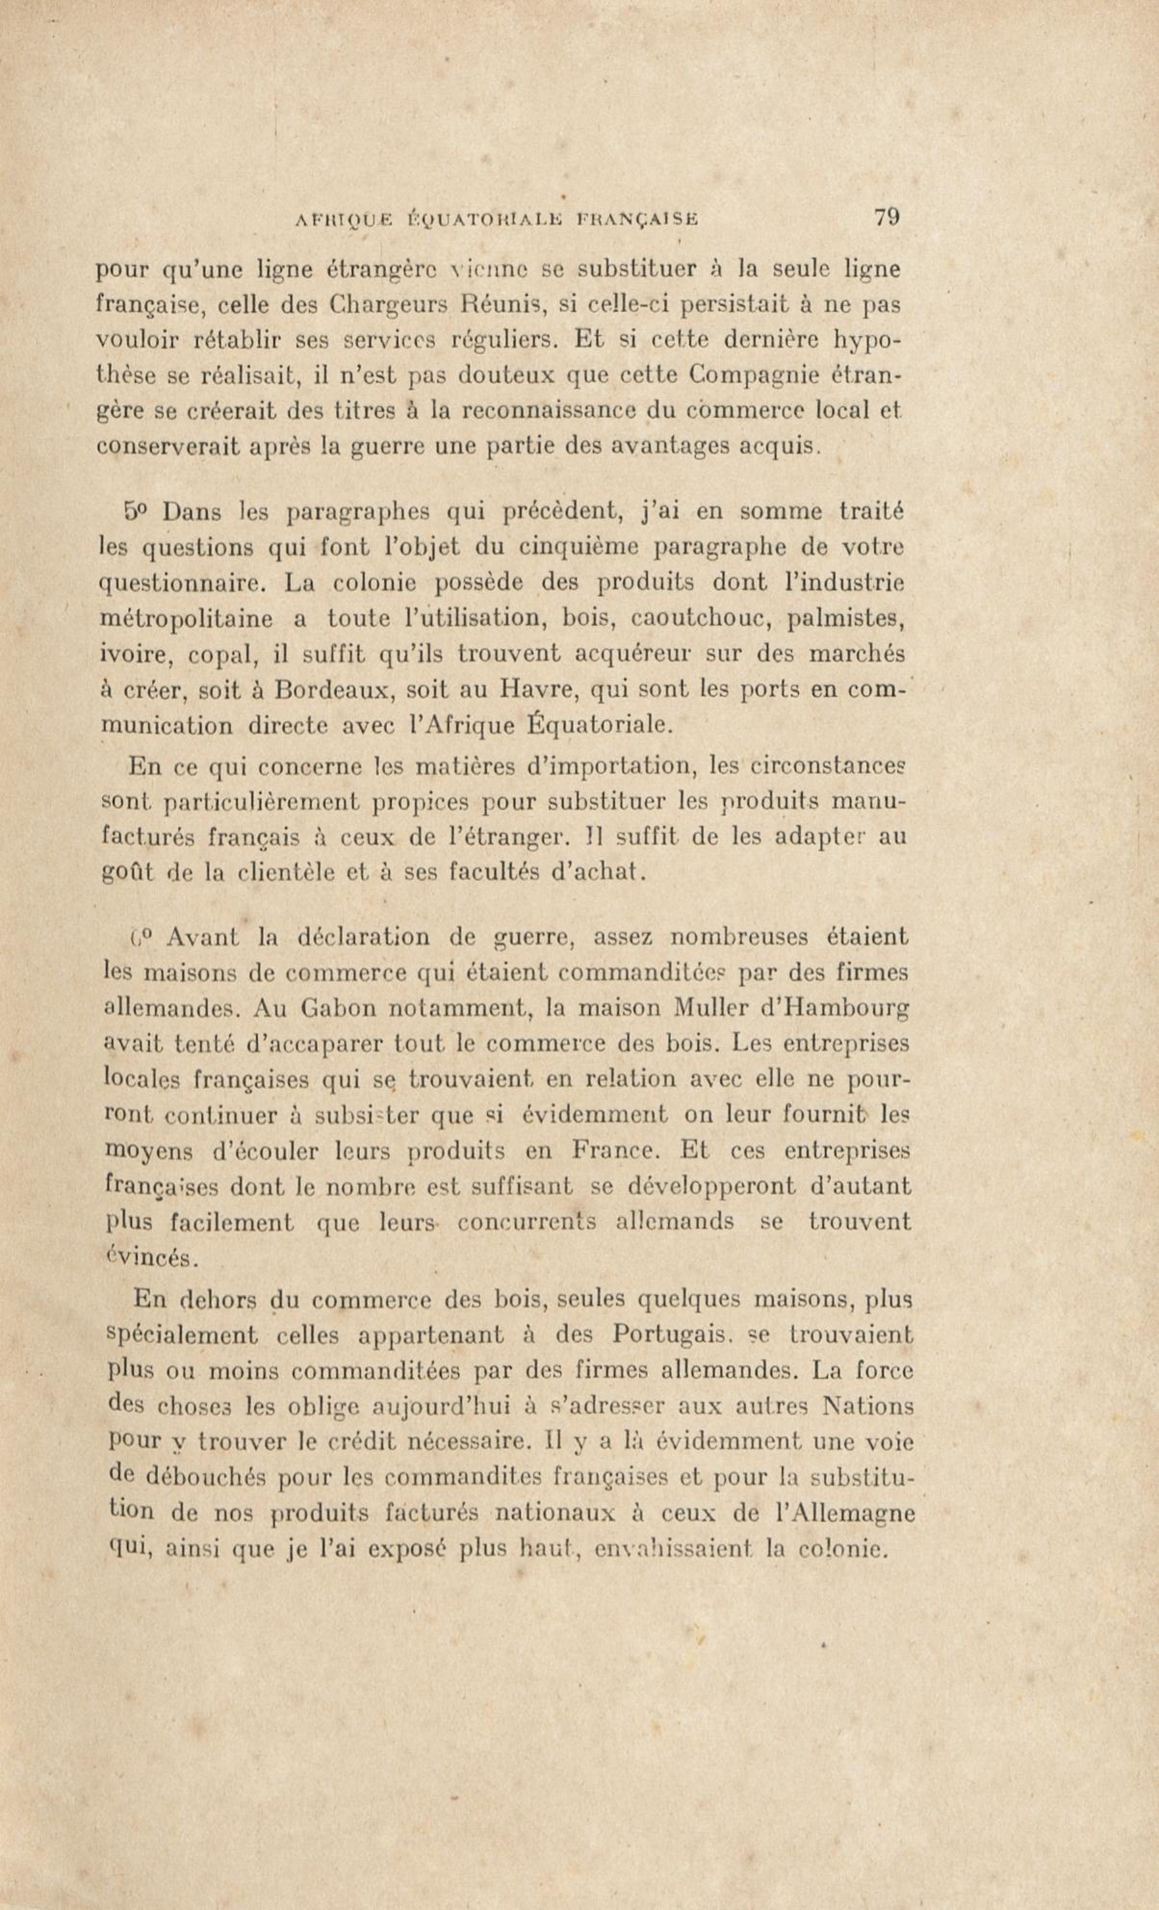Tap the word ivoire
pyautogui.click(x=131, y=656)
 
